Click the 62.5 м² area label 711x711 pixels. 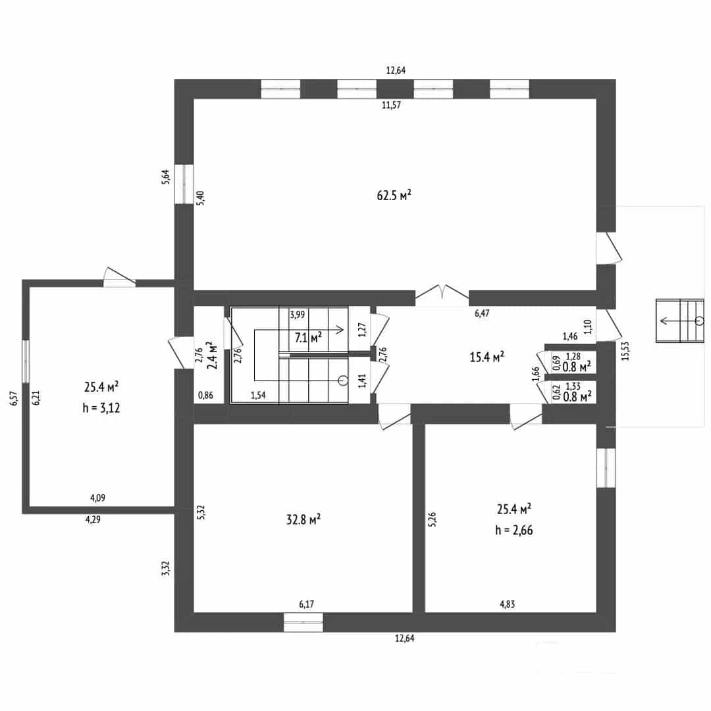click(x=394, y=196)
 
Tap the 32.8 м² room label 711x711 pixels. click(x=303, y=519)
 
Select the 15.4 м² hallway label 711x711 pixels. click(x=487, y=357)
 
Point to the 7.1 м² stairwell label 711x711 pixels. click(x=308, y=337)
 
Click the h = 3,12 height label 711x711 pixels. click(x=101, y=408)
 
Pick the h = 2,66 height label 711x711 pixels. click(x=513, y=530)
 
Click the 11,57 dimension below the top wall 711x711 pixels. click(x=391, y=105)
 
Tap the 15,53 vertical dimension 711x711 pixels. click(x=626, y=351)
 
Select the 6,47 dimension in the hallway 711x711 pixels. click(x=482, y=313)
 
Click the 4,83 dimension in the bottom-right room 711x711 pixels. click(x=508, y=604)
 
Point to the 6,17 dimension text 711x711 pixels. click(x=307, y=604)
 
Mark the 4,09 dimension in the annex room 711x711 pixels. click(x=98, y=498)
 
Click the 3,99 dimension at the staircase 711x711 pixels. click(x=298, y=315)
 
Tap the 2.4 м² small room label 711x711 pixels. click(x=212, y=355)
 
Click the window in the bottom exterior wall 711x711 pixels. click(x=303, y=622)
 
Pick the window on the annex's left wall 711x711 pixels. click(x=26, y=360)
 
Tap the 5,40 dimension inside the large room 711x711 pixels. click(x=200, y=197)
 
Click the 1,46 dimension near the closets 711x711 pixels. click(x=570, y=336)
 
